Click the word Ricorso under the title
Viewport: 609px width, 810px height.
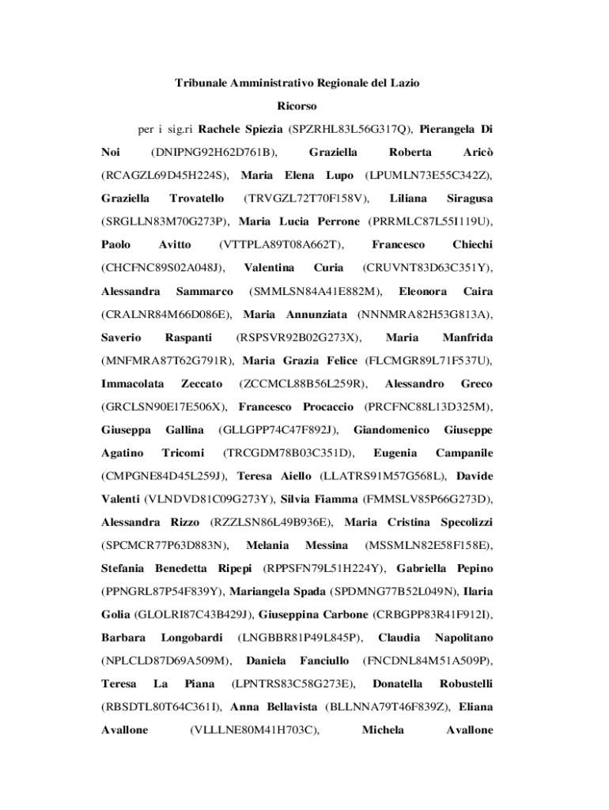(x=297, y=104)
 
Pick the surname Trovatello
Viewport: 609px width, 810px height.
(x=196, y=197)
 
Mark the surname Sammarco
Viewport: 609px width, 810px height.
(x=204, y=290)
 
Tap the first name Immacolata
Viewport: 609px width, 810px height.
(x=133, y=384)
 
